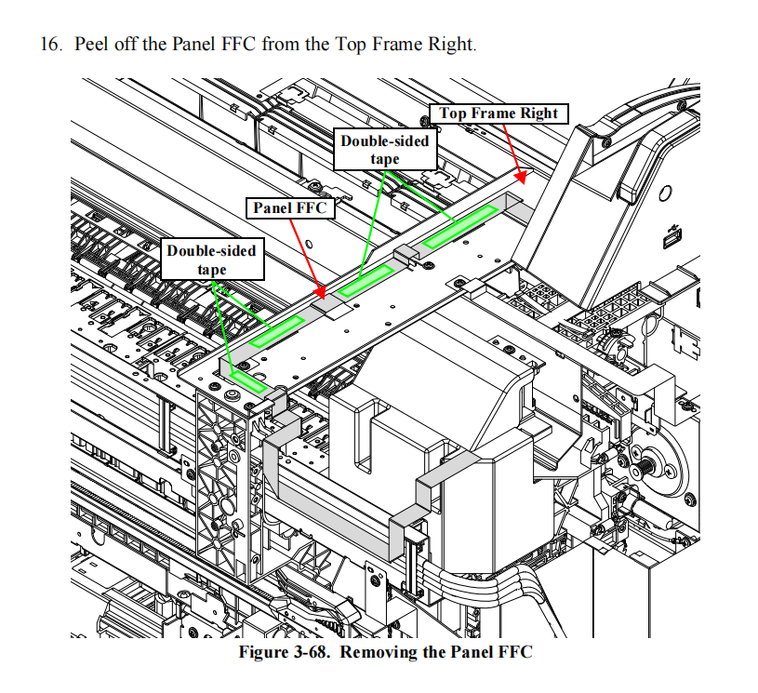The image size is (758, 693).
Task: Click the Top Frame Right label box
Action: pyautogui.click(x=499, y=113)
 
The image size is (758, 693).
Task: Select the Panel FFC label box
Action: pyautogui.click(x=290, y=208)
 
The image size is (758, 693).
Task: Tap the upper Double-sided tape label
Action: pyautogui.click(x=385, y=150)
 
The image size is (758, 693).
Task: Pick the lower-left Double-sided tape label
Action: pyautogui.click(x=212, y=260)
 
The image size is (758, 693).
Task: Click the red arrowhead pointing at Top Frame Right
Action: pyautogui.click(x=520, y=177)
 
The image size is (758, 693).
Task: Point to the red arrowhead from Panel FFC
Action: pyautogui.click(x=320, y=292)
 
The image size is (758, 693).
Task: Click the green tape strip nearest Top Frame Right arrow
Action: pyautogui.click(x=460, y=227)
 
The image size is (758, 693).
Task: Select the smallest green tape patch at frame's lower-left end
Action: pyautogui.click(x=248, y=381)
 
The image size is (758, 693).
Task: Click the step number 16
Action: pyautogui.click(x=51, y=44)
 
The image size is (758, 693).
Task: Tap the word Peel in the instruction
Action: pyautogui.click(x=91, y=44)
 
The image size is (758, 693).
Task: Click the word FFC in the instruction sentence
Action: pyautogui.click(x=238, y=44)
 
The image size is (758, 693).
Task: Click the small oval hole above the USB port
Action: pyautogui.click(x=665, y=193)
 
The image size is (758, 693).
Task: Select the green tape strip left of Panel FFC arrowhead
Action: pyautogui.click(x=277, y=331)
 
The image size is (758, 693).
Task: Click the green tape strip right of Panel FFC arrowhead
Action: pyautogui.click(x=366, y=280)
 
